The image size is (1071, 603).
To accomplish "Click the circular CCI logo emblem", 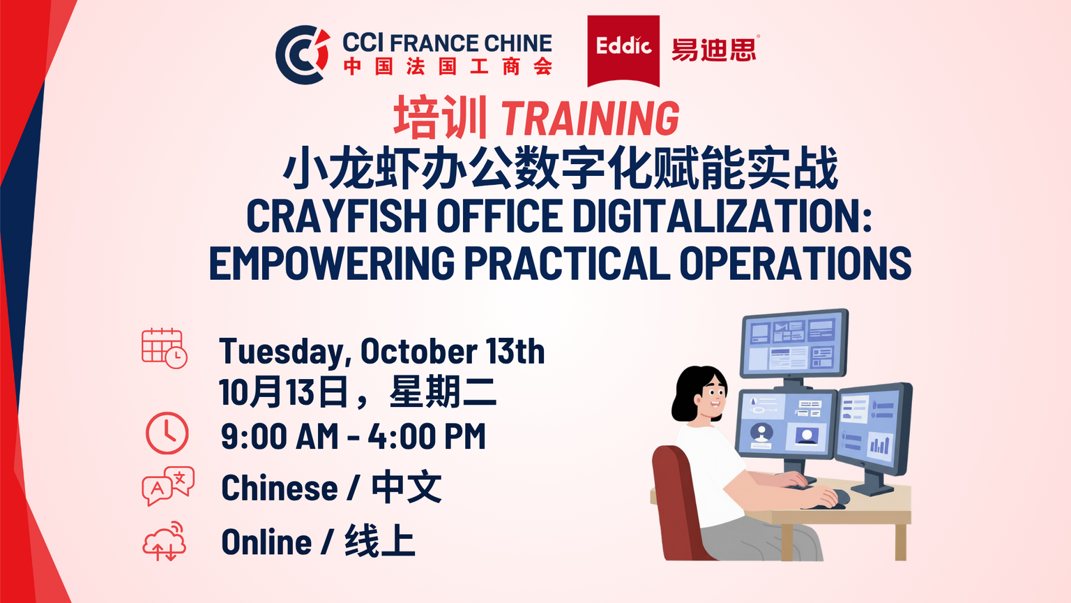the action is click(x=302, y=54).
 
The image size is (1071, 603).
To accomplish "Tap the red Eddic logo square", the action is click(x=623, y=51).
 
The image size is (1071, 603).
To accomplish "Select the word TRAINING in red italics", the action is click(x=590, y=118).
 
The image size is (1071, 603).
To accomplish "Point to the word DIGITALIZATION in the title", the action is click(x=722, y=216).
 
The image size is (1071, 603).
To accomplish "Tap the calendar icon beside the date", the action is click(x=165, y=348).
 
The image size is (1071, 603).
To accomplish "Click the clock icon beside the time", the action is click(x=167, y=433).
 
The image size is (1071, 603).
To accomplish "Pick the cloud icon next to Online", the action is click(x=165, y=542).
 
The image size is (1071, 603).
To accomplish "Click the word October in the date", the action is click(x=418, y=351).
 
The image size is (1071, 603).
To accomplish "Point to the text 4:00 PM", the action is click(x=427, y=436).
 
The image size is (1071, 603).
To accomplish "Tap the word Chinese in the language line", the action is click(x=280, y=488).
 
